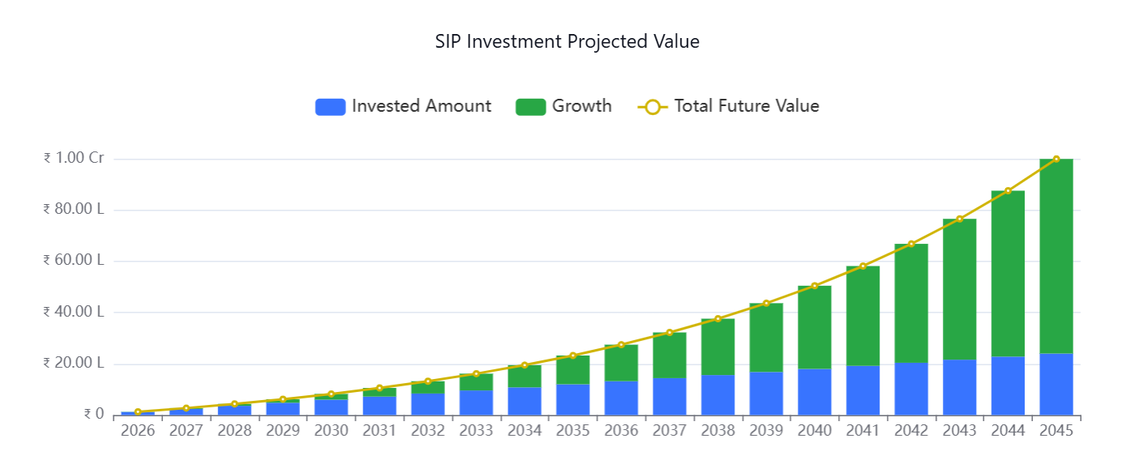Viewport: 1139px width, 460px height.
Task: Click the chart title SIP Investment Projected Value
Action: coord(567,41)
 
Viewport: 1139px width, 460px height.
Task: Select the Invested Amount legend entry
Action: coord(403,106)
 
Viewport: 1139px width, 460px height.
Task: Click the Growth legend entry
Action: coord(563,106)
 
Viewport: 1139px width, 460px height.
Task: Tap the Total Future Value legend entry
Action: coord(729,106)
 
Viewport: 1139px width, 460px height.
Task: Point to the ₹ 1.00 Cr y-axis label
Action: coord(74,159)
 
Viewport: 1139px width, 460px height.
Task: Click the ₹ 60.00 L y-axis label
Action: coord(74,261)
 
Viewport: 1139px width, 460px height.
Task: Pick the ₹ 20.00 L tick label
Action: coord(74,363)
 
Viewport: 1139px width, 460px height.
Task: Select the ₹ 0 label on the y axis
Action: coord(94,415)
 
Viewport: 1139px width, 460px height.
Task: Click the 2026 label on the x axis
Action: coord(138,431)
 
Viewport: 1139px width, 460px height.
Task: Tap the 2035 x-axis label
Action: coord(572,431)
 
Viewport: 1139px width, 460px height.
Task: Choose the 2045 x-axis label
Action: coord(1056,431)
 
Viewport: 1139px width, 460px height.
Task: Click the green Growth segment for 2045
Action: coord(1056,256)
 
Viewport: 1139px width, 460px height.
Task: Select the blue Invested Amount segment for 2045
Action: coord(1056,384)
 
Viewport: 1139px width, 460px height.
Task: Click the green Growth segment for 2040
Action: coord(815,327)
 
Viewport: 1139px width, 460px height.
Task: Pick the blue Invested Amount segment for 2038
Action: coord(717,395)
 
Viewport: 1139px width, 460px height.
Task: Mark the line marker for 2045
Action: coord(1056,160)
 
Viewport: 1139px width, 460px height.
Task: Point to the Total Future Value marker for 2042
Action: coord(911,244)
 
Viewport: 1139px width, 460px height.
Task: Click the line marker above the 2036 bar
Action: coord(621,345)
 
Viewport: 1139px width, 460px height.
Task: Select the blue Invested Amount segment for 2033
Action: coord(476,402)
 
